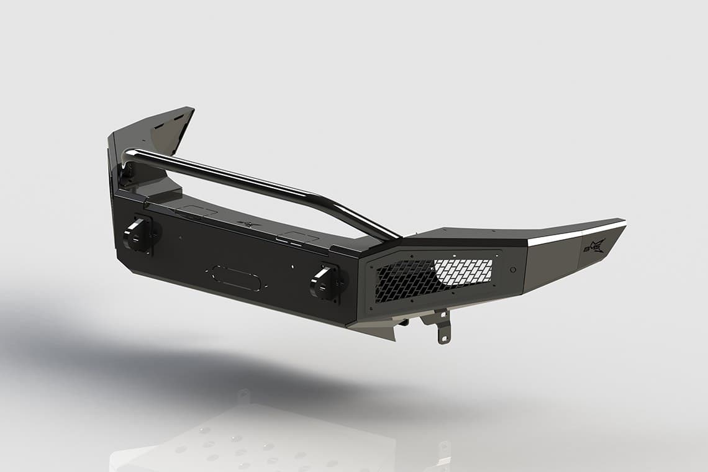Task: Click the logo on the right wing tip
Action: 592,246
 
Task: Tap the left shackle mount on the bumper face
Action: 138,234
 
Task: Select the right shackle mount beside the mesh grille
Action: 325,283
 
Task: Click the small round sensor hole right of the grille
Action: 512,270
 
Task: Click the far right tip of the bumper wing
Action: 623,222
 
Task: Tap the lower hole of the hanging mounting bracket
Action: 442,338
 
